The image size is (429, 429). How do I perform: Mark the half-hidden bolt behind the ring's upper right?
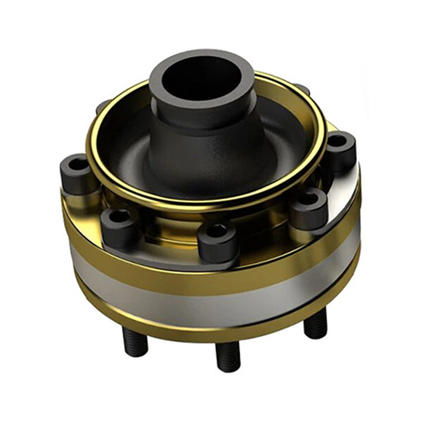point(303,88)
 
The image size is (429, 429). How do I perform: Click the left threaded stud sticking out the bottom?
point(135,342)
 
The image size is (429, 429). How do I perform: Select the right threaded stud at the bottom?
point(315,323)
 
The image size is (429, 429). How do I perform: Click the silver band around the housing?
point(214,302)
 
